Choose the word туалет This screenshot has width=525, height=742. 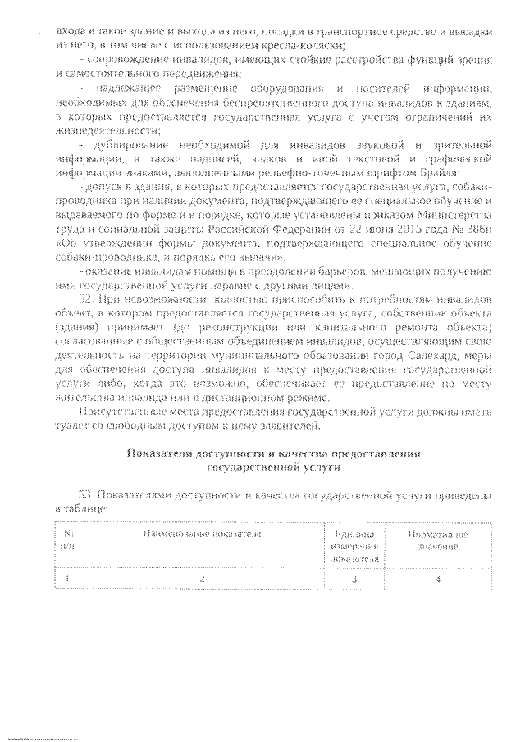tap(70, 425)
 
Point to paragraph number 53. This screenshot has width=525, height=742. tap(87, 497)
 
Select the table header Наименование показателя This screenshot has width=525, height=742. tap(201, 534)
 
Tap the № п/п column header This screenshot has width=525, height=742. tap(67, 539)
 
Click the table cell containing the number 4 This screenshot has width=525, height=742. tap(438, 579)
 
